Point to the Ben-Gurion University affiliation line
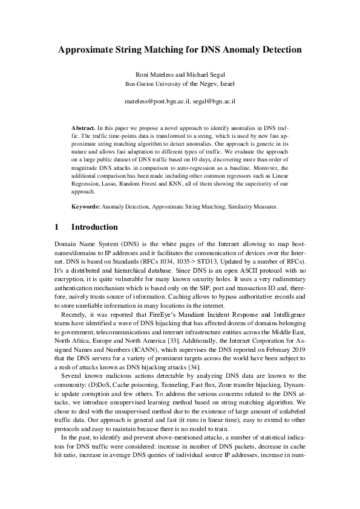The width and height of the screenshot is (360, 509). [x=180, y=83]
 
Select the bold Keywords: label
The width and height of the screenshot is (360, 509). [x=85, y=206]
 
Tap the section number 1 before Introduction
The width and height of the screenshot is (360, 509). [x=56, y=227]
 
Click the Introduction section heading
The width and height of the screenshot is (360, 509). [x=94, y=227]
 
